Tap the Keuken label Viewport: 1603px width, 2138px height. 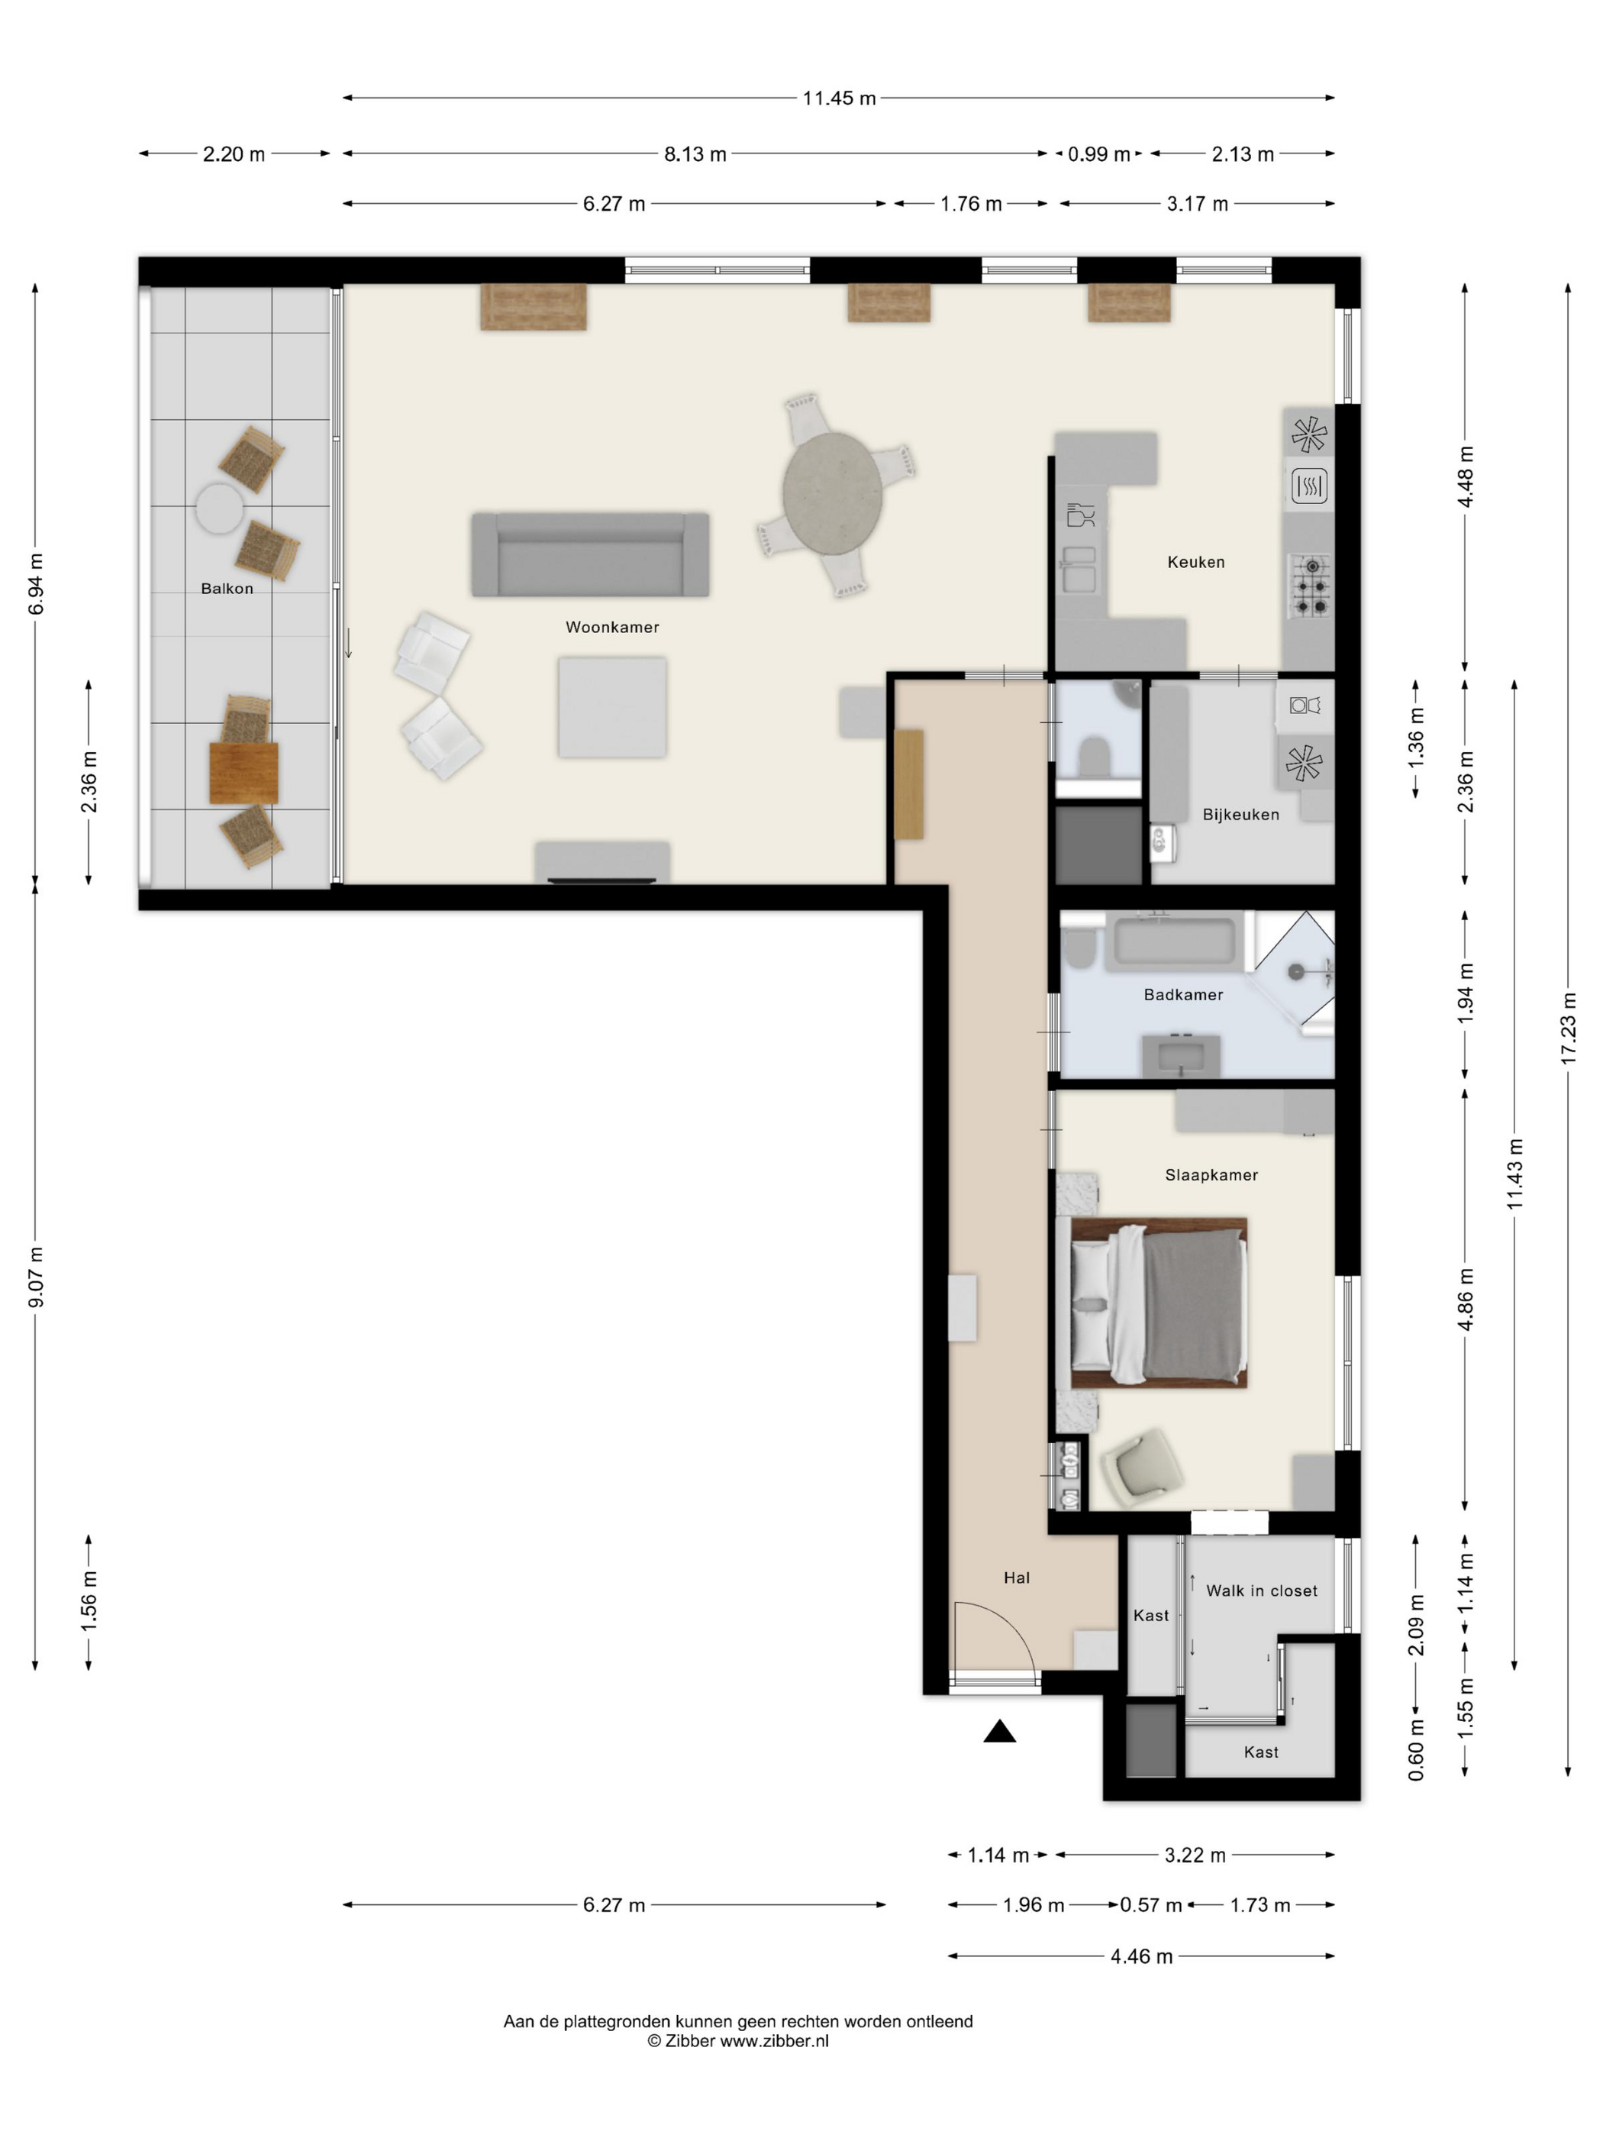point(1195,561)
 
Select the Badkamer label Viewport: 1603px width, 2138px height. point(1182,995)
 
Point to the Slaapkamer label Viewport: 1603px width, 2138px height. point(1211,1175)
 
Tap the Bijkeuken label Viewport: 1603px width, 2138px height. point(1240,815)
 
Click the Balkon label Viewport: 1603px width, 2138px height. point(227,589)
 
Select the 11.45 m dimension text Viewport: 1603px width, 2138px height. point(839,98)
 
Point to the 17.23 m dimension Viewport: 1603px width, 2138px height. point(1567,1029)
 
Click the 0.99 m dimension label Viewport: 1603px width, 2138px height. point(1098,153)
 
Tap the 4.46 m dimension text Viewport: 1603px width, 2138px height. point(1141,1956)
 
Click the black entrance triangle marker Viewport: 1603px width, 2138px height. point(999,1731)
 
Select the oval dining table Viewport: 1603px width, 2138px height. point(832,493)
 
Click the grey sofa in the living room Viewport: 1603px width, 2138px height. point(590,555)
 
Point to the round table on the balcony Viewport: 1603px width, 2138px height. point(219,509)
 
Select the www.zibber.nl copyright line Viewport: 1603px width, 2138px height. point(737,2041)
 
